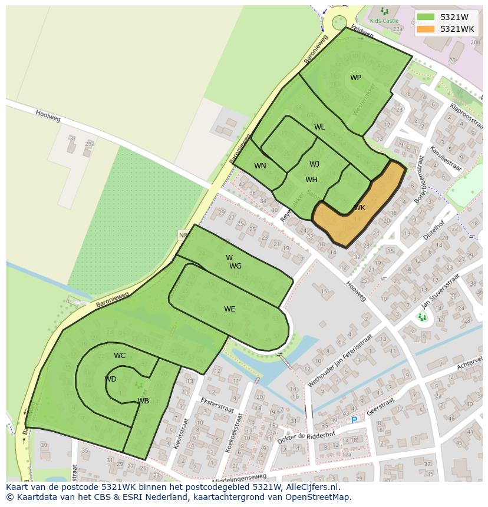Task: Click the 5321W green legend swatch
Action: coord(426,16)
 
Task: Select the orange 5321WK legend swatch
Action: coord(426,29)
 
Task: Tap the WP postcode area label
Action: coord(355,78)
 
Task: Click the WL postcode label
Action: coord(319,127)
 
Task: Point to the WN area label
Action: coord(260,166)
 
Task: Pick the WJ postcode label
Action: coord(314,164)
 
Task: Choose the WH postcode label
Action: coord(311,180)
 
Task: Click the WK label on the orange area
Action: coord(360,208)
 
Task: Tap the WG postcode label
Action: coord(236,266)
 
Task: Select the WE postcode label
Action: coord(229,309)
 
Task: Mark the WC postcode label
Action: coord(120,356)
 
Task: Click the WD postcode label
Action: coord(110,379)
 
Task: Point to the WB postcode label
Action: coord(143,401)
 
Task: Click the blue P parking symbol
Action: coord(354,420)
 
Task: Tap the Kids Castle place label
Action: coord(384,21)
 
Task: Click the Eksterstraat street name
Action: coord(217,405)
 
